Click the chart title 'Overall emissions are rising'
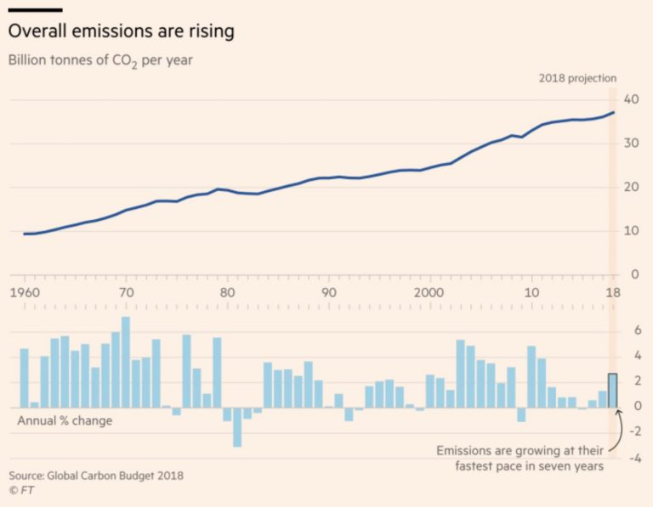tap(122, 32)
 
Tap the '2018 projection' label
tap(577, 78)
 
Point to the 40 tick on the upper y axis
tap(631, 99)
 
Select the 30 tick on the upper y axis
tap(631, 144)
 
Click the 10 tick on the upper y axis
tap(631, 231)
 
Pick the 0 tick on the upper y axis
tap(631, 274)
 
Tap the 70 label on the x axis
tap(126, 293)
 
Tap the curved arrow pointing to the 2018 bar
tap(616, 429)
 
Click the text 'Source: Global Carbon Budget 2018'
tap(96, 476)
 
